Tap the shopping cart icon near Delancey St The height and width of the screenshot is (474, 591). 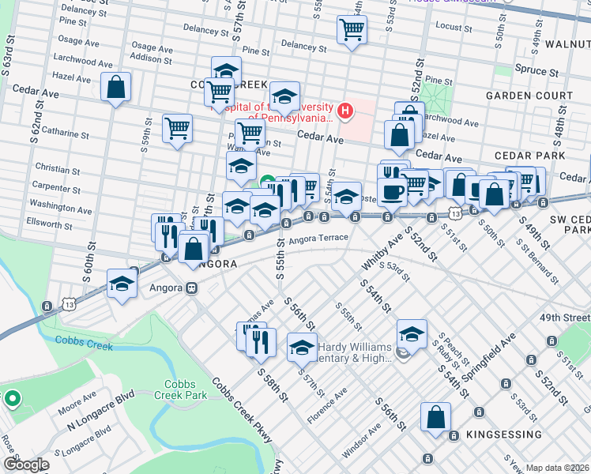(352, 31)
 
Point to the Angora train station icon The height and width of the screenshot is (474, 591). (192, 288)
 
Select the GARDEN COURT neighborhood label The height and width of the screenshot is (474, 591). (529, 96)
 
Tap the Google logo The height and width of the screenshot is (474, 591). (26, 465)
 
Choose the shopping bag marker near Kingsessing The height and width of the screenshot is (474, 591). (435, 419)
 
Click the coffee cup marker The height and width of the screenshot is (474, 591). (392, 192)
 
